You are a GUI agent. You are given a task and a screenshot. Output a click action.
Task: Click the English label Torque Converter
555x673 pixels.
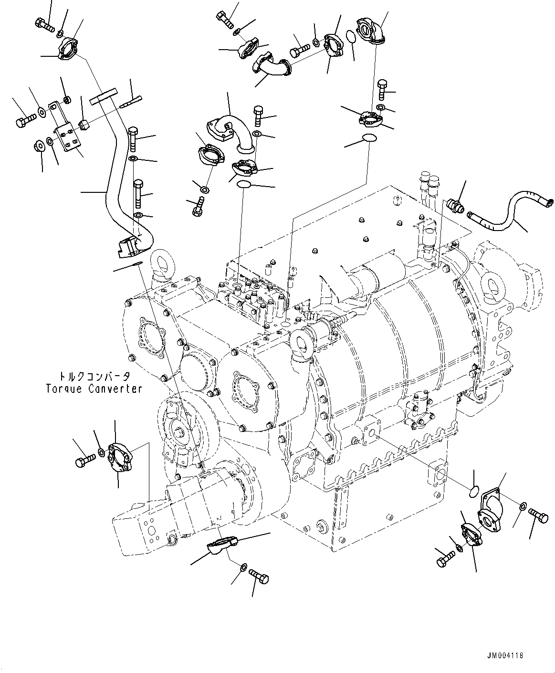point(94,389)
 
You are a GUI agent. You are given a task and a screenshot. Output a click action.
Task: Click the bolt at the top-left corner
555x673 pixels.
point(45,24)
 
